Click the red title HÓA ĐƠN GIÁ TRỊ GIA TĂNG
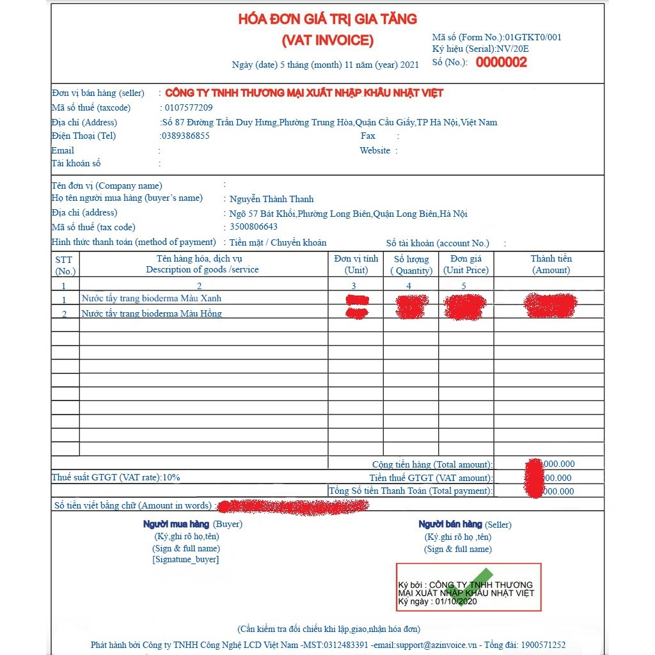[327, 19]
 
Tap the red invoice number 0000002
[501, 62]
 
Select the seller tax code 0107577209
[189, 107]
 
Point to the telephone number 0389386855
[185, 136]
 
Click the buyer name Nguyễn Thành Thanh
[272, 199]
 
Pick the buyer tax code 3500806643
[254, 227]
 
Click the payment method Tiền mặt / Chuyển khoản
[278, 242]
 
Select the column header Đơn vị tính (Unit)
[356, 264]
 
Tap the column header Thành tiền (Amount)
[551, 264]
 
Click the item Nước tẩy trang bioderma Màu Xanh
[152, 299]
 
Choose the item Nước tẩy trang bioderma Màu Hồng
[152, 313]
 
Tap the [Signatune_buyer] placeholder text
[185, 560]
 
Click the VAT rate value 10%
[171, 477]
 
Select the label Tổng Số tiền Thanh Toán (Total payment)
[411, 491]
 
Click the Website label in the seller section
[375, 150]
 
